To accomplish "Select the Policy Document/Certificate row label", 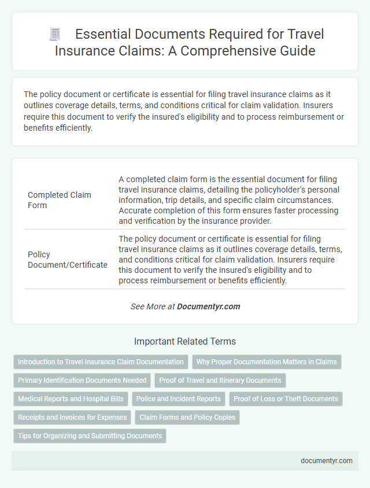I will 68,260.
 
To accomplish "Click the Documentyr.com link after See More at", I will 209,306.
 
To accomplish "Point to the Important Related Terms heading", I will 184,341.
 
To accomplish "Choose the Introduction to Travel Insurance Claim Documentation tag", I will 101,362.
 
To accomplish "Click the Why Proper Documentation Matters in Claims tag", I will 267,362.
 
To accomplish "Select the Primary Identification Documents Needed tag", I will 82,380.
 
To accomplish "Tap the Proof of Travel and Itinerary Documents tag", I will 220,380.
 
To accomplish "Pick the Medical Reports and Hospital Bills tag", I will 71,398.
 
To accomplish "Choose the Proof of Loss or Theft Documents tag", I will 286,398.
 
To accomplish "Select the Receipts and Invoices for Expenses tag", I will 72,417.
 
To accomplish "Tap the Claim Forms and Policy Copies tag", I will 187,417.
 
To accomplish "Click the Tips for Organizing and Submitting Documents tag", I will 90,435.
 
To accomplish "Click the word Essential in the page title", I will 109,35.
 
